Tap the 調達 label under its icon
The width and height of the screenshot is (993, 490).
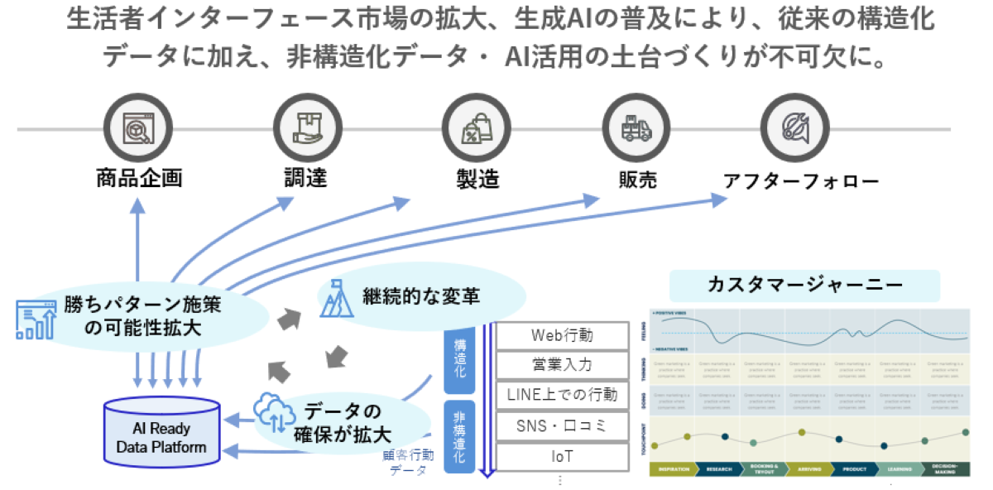click(x=300, y=178)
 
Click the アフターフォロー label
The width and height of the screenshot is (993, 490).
click(x=800, y=180)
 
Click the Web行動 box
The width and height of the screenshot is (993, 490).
click(x=562, y=335)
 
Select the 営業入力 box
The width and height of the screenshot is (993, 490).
click(x=562, y=364)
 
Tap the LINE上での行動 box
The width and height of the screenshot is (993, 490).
click(x=562, y=395)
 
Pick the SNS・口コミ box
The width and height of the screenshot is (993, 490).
click(x=562, y=425)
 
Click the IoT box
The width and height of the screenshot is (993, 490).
click(x=562, y=456)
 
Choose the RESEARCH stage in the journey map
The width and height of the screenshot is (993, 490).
click(x=717, y=469)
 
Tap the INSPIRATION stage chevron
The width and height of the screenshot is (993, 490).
click(x=674, y=469)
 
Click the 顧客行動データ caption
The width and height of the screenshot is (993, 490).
click(x=408, y=463)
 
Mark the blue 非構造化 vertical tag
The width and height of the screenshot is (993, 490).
click(x=458, y=435)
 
